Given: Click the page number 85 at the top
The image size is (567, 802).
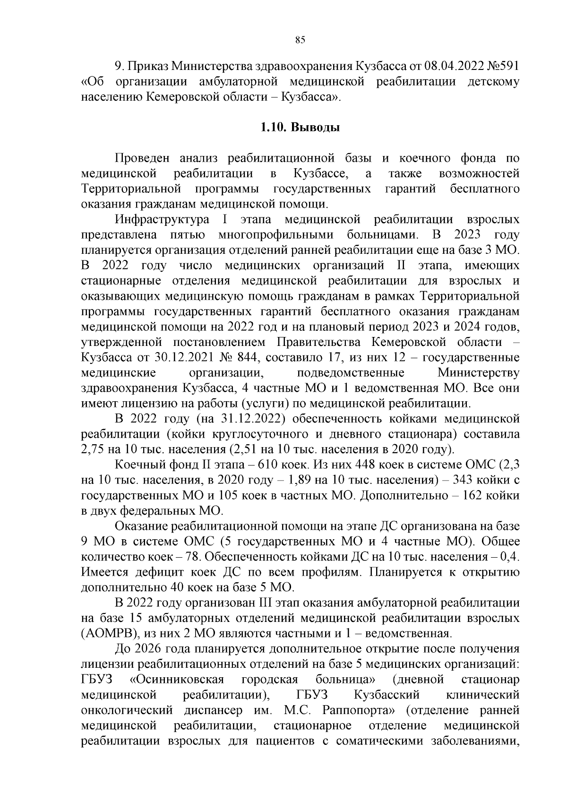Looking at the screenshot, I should coord(300,40).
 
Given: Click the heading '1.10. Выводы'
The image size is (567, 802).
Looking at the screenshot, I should coord(300,127).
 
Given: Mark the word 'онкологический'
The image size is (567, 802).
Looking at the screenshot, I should coord(125,710).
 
